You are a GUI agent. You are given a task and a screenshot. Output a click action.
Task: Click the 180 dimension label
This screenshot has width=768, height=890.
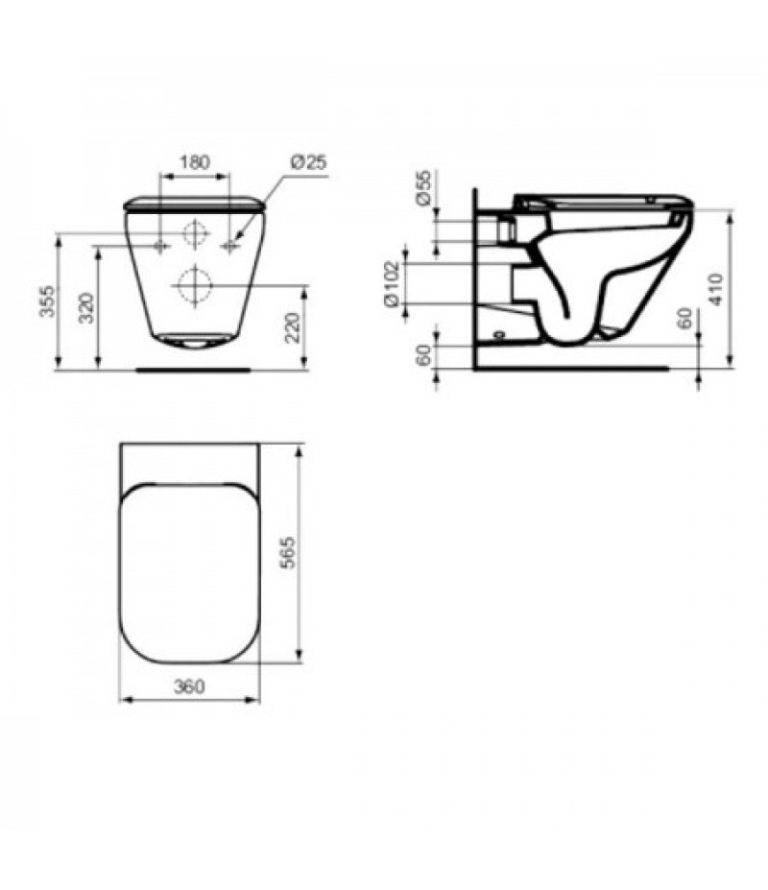[x=195, y=162]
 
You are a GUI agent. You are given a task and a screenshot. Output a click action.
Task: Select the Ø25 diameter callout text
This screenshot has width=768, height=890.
[x=309, y=162]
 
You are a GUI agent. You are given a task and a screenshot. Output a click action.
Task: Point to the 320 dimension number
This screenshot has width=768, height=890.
[x=87, y=307]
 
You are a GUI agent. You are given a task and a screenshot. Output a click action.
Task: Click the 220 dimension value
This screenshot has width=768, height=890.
[x=293, y=328]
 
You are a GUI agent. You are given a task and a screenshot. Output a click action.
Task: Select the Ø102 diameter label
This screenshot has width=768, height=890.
[x=393, y=284]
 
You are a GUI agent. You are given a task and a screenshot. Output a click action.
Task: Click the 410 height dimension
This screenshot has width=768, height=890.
[x=716, y=289]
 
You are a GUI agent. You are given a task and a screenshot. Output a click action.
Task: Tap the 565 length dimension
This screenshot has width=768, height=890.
[x=289, y=552]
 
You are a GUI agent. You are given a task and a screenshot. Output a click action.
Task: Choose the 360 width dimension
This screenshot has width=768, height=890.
[x=188, y=687]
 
